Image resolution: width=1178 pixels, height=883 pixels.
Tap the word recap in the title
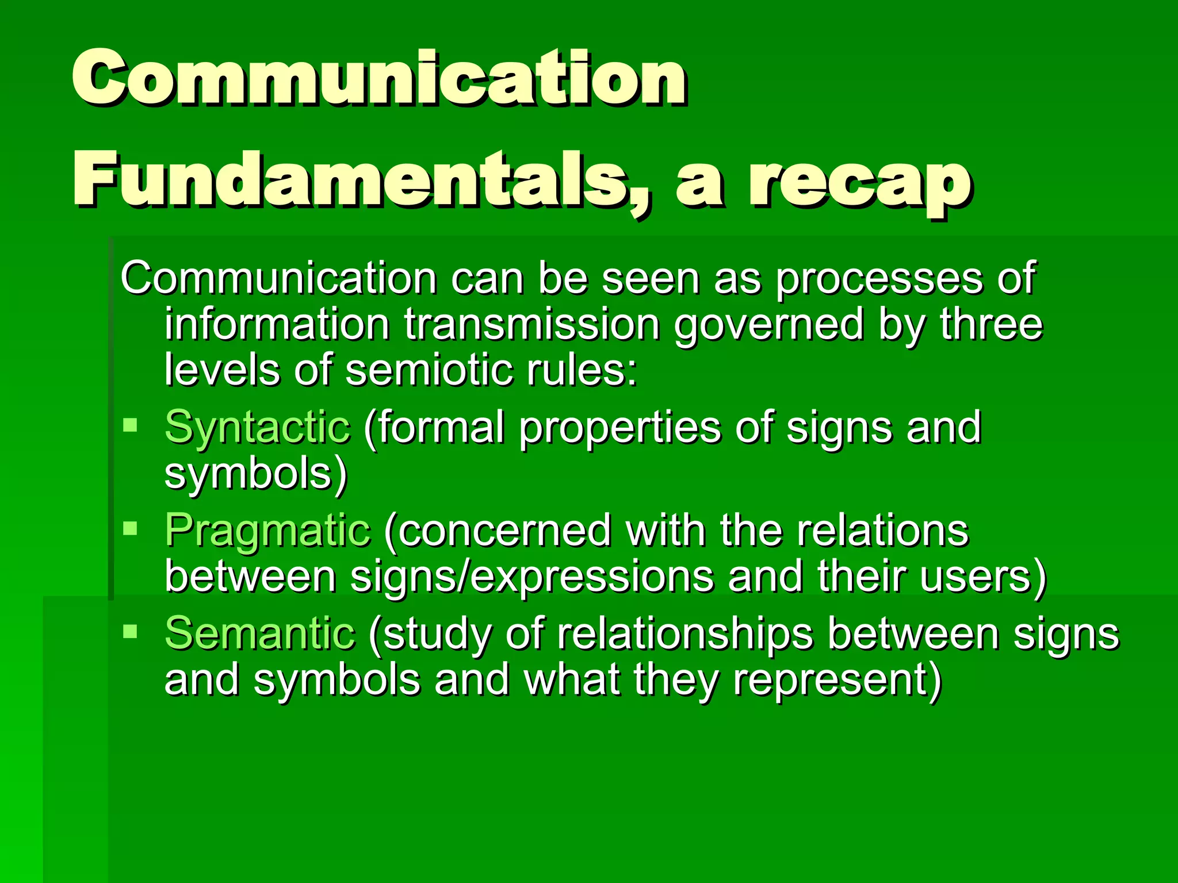pos(860,181)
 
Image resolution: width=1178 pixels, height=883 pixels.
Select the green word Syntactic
pos(257,428)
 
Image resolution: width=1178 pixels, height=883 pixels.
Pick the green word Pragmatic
pos(267,530)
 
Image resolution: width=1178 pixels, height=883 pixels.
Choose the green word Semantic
pos(260,634)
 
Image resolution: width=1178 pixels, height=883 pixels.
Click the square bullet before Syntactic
pos(131,426)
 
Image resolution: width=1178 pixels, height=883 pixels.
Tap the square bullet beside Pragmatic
pos(131,528)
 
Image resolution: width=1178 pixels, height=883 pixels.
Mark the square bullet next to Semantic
pos(131,632)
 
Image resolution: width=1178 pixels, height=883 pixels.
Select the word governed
pos(769,325)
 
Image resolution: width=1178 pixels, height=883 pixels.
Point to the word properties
pos(620,429)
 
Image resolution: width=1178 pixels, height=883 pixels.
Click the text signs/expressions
pos(532,577)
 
